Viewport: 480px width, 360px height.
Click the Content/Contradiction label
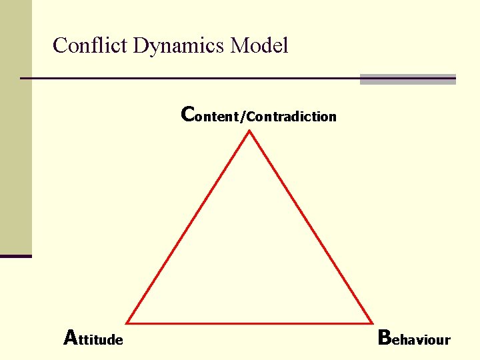pyautogui.click(x=259, y=116)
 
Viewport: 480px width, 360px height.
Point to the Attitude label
pyautogui.click(x=93, y=339)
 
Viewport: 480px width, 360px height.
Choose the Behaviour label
pyautogui.click(x=414, y=339)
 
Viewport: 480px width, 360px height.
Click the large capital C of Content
pyautogui.click(x=188, y=115)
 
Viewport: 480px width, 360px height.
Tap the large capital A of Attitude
pyautogui.click(x=71, y=337)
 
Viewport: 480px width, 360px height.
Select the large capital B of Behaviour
pyautogui.click(x=385, y=337)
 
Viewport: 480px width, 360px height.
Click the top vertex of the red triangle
pyautogui.click(x=249, y=131)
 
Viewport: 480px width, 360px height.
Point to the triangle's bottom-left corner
pyautogui.click(x=127, y=323)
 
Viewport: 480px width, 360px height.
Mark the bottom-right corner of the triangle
pyautogui.click(x=371, y=323)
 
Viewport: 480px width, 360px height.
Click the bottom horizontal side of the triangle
pyautogui.click(x=249, y=323)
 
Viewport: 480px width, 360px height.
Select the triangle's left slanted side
pyautogui.click(x=188, y=227)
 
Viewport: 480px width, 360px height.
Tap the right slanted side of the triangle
pyautogui.click(x=311, y=227)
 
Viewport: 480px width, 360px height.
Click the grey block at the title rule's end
pyautogui.click(x=407, y=79)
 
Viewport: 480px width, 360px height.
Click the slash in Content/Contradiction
pyautogui.click(x=244, y=117)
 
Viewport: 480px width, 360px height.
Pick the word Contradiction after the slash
pyautogui.click(x=292, y=117)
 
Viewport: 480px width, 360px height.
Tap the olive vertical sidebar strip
pyautogui.click(x=15, y=127)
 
